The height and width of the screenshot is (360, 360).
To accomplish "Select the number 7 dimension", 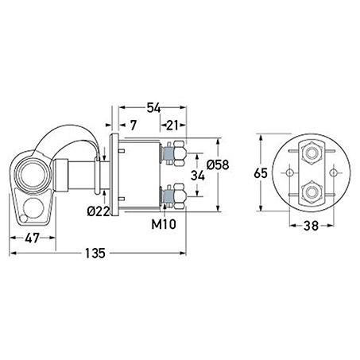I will click(134, 125).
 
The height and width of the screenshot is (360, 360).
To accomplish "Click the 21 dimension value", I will click(172, 125).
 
